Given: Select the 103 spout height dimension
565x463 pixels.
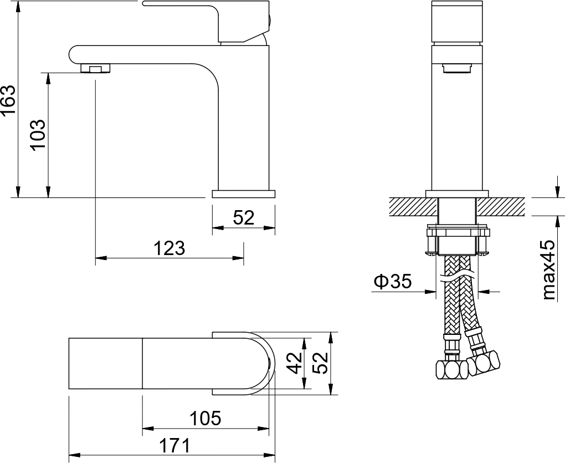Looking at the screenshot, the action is [x=38, y=135].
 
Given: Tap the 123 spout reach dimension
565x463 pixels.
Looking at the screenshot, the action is [x=169, y=248].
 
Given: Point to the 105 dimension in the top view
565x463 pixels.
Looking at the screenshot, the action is [x=206, y=418].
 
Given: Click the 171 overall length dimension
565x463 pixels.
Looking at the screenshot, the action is [x=174, y=446].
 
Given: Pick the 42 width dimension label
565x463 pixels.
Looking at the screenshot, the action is [x=295, y=363].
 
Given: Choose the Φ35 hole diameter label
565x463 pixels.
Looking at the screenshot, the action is [x=393, y=282].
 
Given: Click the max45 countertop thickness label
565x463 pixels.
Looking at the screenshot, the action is [x=549, y=270].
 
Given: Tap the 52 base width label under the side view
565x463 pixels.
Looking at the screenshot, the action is [x=244, y=218].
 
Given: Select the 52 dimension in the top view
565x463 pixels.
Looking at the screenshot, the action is [x=320, y=363].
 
